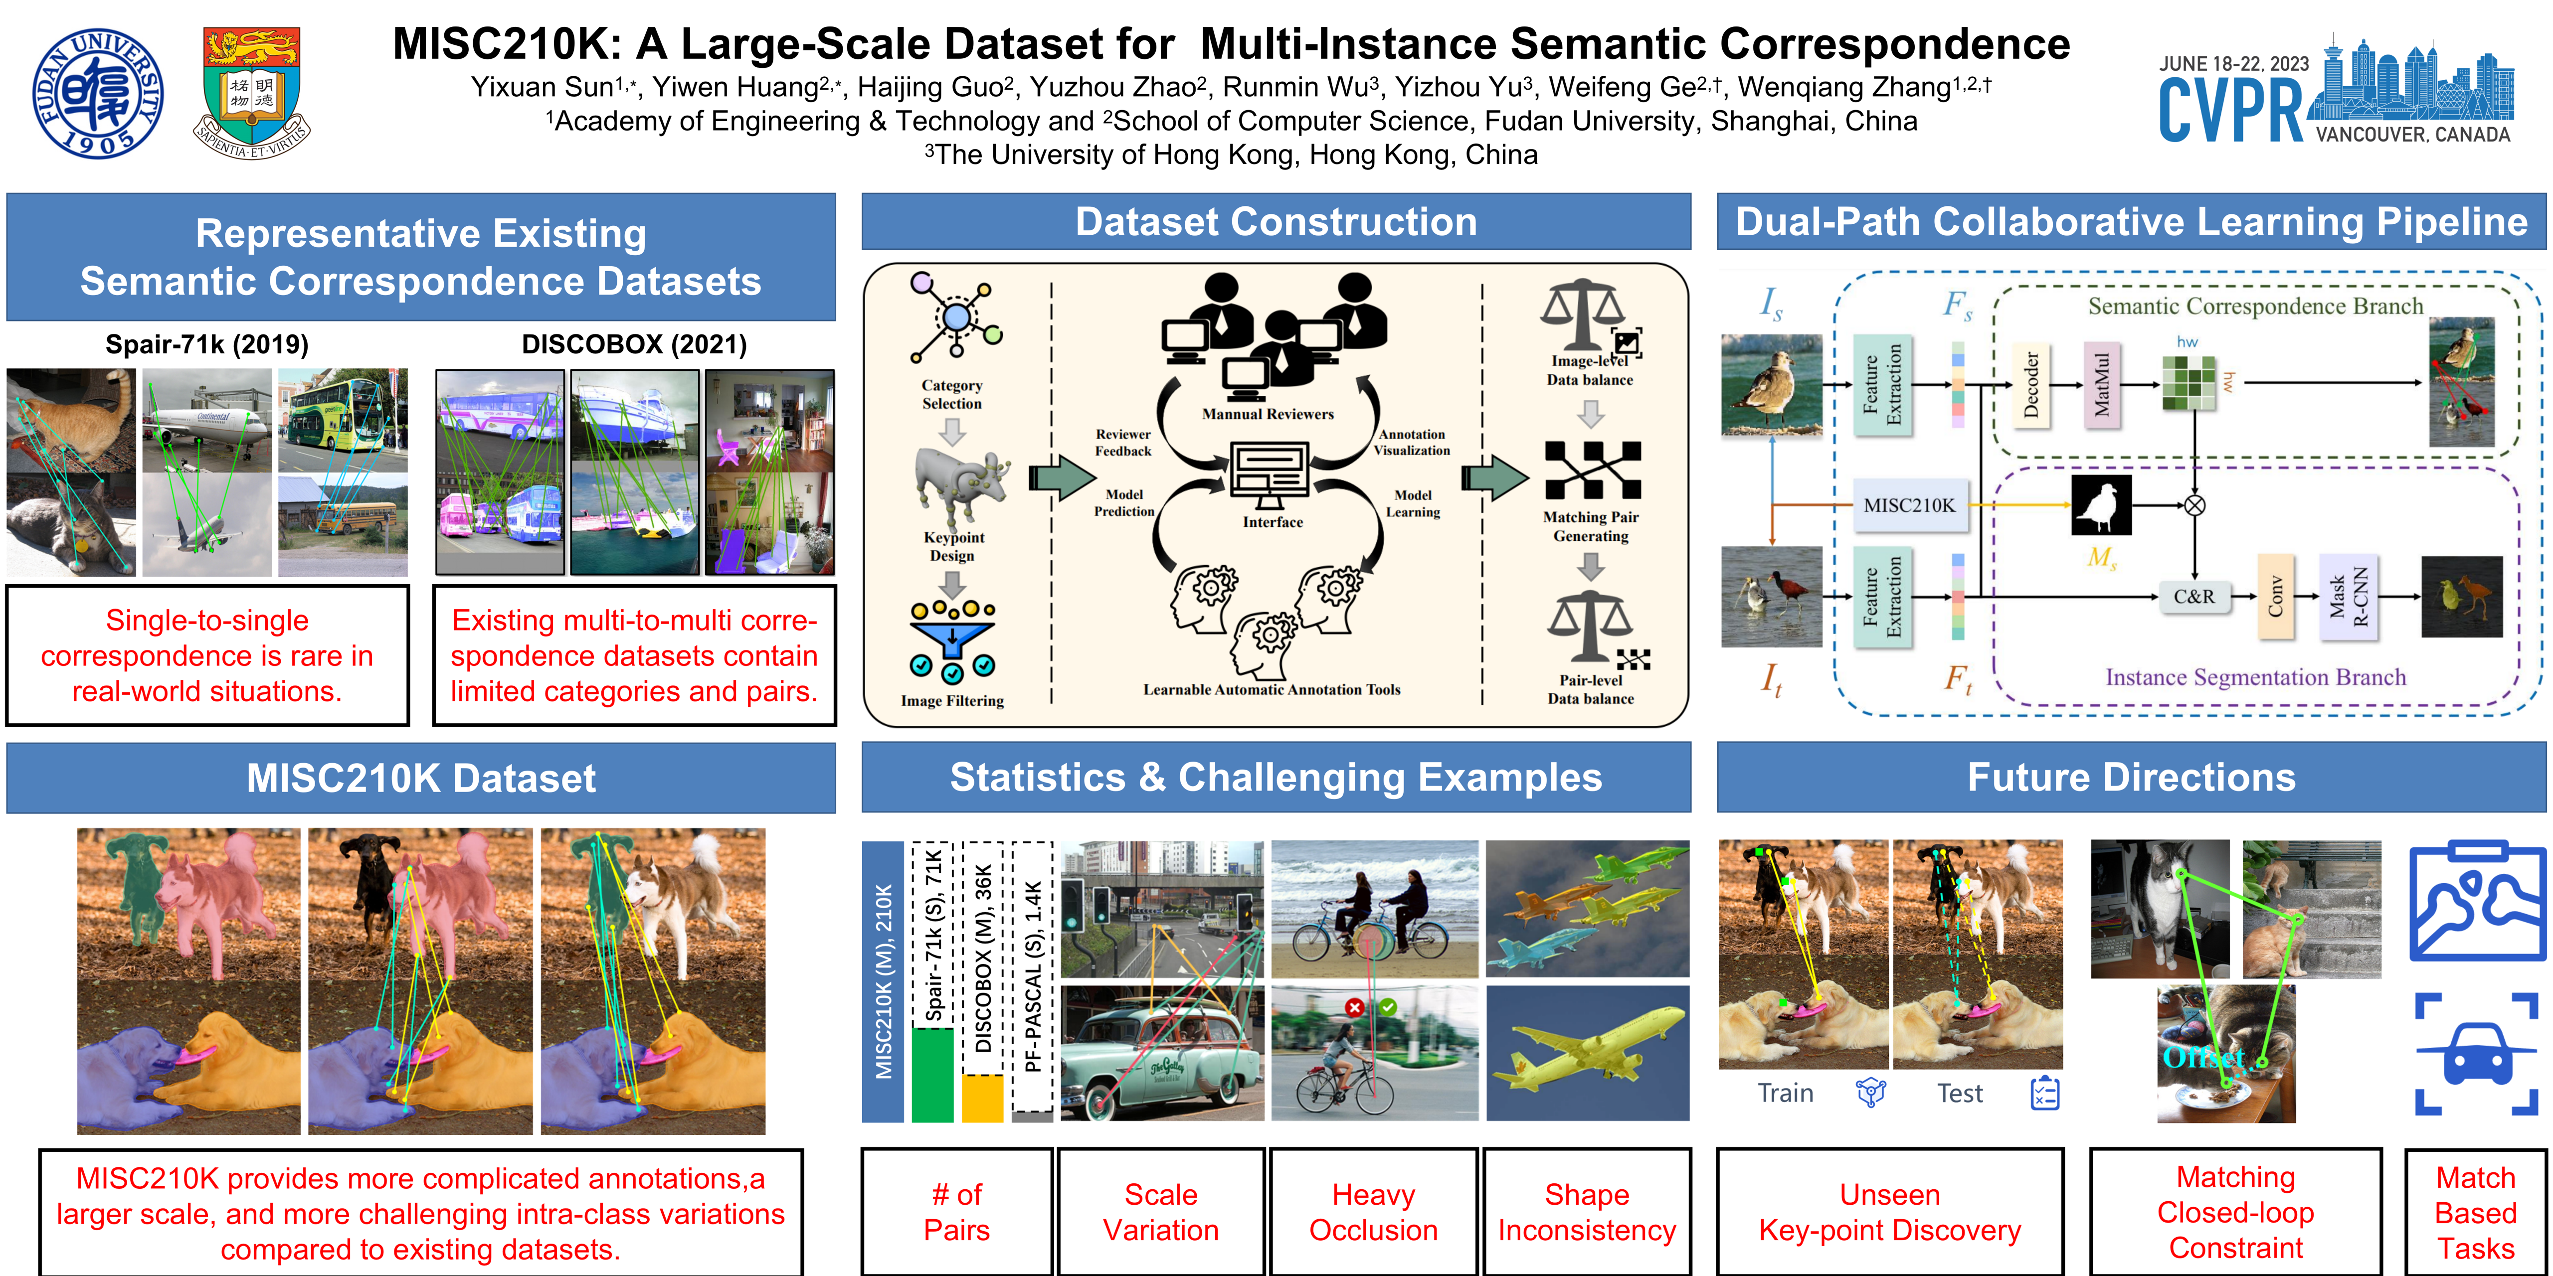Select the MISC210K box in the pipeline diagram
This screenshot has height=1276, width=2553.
pyautogui.click(x=1909, y=505)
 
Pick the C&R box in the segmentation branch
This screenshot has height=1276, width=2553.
pyautogui.click(x=2193, y=597)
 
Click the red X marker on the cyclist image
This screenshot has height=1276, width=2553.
pyautogui.click(x=1354, y=1007)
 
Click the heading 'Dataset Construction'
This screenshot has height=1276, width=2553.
pyautogui.click(x=1276, y=222)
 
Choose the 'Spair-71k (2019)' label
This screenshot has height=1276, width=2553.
pyautogui.click(x=207, y=345)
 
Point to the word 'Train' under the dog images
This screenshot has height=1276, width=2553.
pyautogui.click(x=1785, y=1094)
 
